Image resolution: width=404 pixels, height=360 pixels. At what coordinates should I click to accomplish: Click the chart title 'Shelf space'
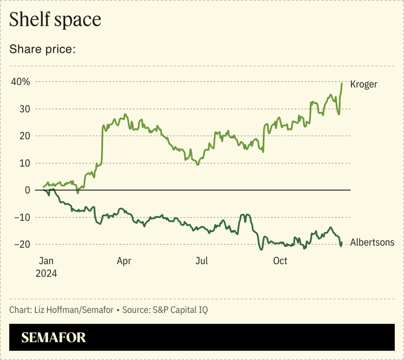pyautogui.click(x=55, y=19)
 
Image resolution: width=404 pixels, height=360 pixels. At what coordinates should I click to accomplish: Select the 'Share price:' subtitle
pyautogui.click(x=42, y=49)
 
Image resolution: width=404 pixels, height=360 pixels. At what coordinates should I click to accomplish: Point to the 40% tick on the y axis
pyautogui.click(x=20, y=81)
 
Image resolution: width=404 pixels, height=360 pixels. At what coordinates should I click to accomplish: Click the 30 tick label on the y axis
pyautogui.click(x=25, y=109)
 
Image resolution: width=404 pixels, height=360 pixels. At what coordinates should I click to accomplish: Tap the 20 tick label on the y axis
pyautogui.click(x=25, y=135)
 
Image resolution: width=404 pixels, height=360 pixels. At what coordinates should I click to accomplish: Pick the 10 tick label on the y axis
pyautogui.click(x=25, y=163)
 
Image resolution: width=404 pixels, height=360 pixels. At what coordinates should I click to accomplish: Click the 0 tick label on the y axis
pyautogui.click(x=27, y=190)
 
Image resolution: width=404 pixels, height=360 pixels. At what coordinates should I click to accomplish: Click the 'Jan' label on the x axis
pyautogui.click(x=47, y=261)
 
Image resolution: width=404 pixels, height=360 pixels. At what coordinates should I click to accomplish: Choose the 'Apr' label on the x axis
pyautogui.click(x=124, y=261)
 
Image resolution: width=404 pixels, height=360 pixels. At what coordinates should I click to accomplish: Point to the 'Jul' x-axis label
pyautogui.click(x=202, y=261)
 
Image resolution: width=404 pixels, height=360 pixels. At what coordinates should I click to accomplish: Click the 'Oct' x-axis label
pyautogui.click(x=280, y=261)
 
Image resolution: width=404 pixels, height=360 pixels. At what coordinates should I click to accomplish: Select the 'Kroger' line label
pyautogui.click(x=364, y=84)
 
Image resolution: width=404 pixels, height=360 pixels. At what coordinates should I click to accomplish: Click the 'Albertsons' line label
pyautogui.click(x=372, y=242)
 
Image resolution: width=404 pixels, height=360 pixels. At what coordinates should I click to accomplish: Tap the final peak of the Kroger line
pyautogui.click(x=342, y=84)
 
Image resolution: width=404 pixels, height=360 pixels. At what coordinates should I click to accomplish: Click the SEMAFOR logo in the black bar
pyautogui.click(x=54, y=338)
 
